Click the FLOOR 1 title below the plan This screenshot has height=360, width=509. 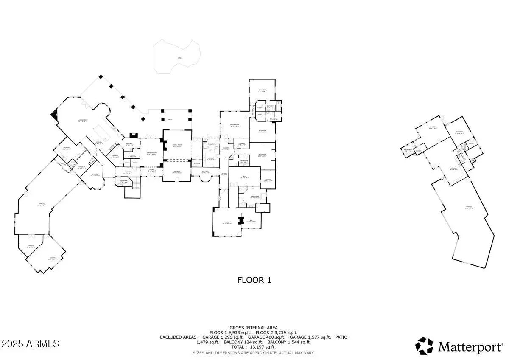[254, 280]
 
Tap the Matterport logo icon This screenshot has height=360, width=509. [424, 346]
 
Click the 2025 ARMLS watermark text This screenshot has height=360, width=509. [30, 343]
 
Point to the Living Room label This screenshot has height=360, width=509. [82, 121]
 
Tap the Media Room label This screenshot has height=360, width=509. [235, 125]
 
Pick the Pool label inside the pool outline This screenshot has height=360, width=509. [179, 58]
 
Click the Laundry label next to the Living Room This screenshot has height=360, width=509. [67, 149]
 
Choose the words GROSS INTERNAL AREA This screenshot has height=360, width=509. [254, 327]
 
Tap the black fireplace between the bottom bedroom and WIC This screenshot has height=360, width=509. [241, 221]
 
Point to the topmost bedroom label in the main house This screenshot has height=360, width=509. [262, 90]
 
